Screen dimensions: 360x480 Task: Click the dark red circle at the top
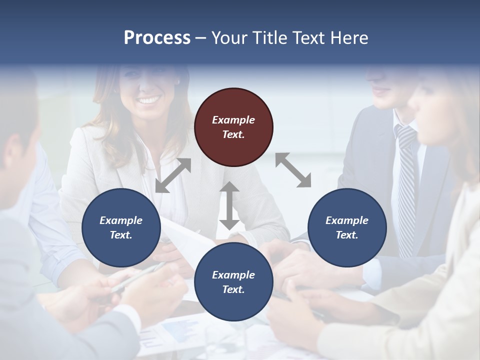coord(233,127)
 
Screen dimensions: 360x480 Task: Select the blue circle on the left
coord(121,227)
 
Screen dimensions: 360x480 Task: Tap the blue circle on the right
coord(347,227)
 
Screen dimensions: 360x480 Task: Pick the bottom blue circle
coord(233,282)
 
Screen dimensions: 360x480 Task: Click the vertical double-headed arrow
coord(229,205)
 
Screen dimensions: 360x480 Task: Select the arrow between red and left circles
coord(173,175)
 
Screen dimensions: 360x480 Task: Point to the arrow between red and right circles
coord(293,170)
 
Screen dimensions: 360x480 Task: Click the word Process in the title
coord(157,37)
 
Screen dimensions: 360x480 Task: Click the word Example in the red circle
coord(233,120)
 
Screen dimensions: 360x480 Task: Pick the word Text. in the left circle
coord(121,235)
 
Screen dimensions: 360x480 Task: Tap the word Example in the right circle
coord(347,220)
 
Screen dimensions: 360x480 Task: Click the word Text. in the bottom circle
coord(233,289)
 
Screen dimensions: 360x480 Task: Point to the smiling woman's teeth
coord(148,100)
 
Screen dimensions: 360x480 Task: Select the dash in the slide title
coord(200,38)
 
